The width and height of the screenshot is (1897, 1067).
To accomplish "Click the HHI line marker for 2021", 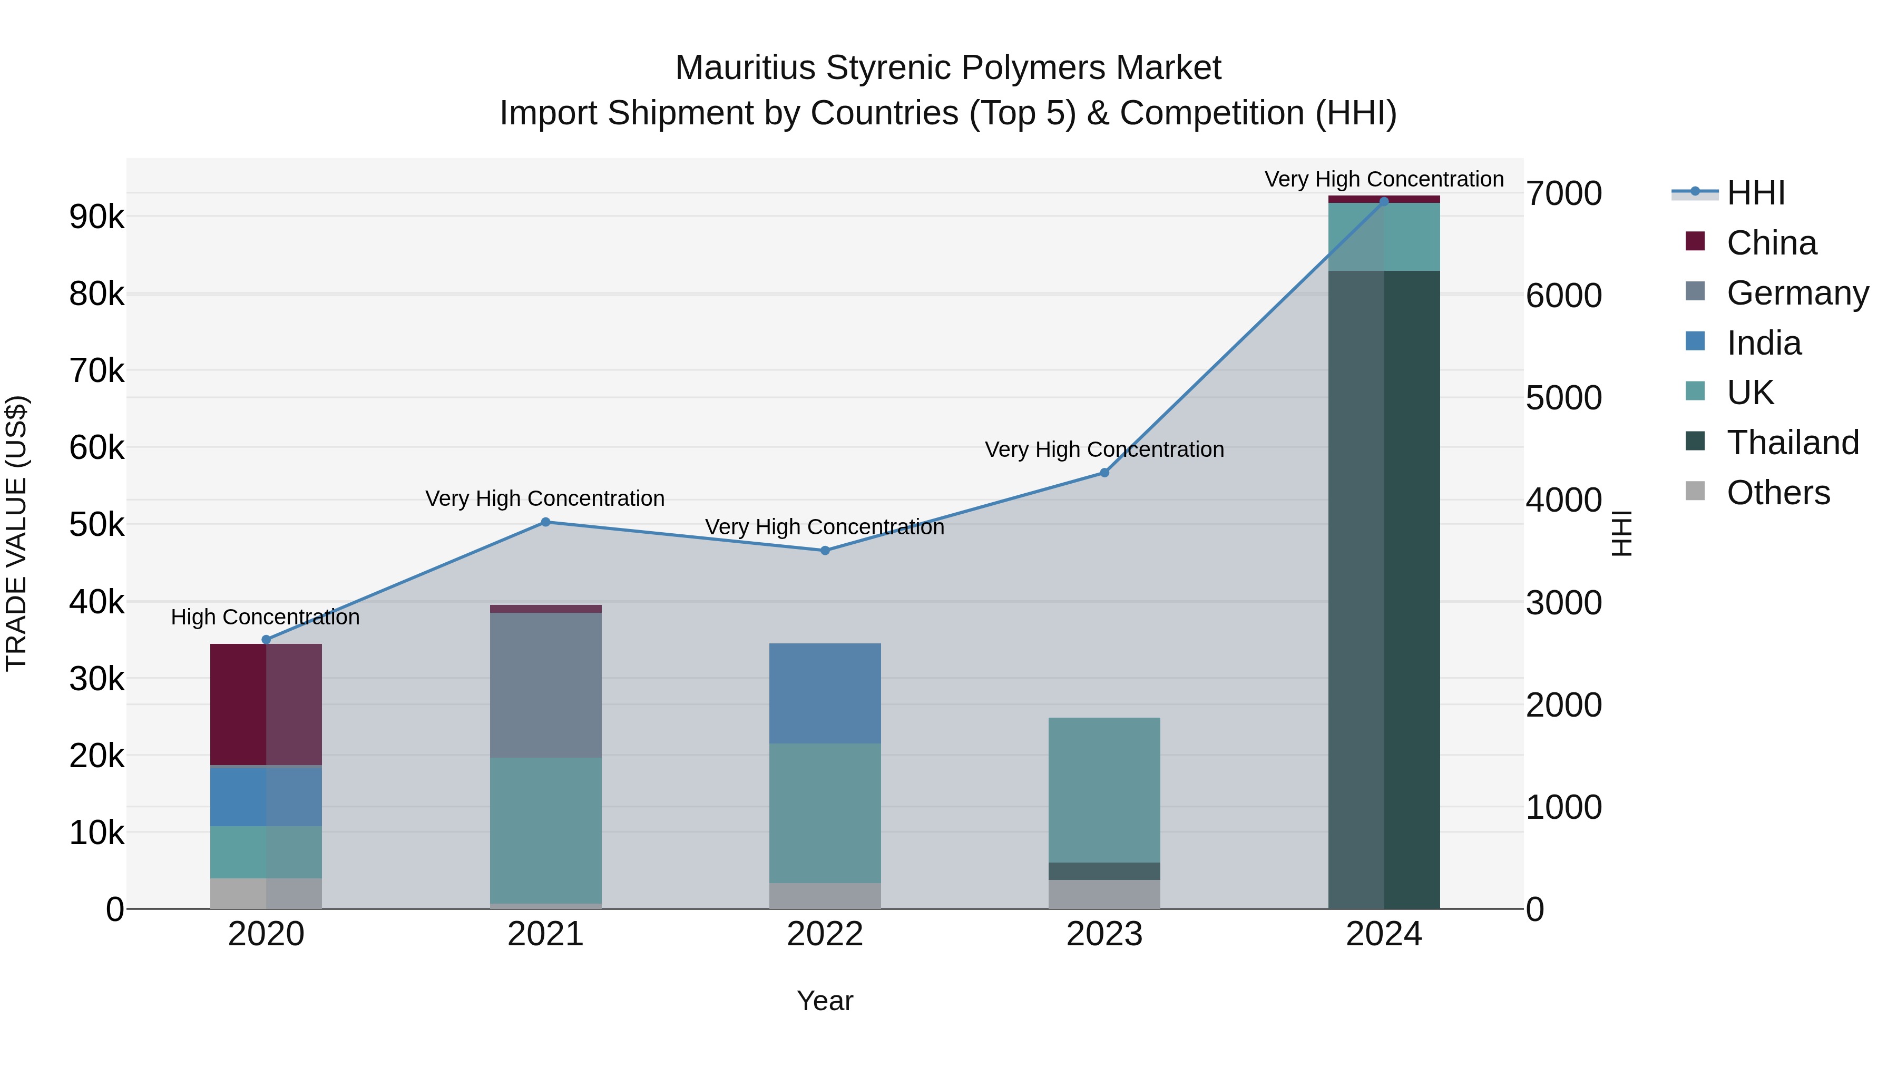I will [x=546, y=522].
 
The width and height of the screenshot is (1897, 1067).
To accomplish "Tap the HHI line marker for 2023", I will [x=1104, y=473].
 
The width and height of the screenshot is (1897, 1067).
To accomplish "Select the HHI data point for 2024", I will [x=1384, y=202].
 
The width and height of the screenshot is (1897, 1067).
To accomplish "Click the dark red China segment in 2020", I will [x=266, y=704].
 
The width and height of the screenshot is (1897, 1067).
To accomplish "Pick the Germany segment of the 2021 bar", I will [x=546, y=685].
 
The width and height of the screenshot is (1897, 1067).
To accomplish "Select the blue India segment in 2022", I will [x=825, y=693].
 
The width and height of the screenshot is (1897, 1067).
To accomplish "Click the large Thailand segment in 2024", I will [x=1384, y=589].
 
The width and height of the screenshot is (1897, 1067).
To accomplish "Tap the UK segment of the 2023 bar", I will [x=1104, y=789].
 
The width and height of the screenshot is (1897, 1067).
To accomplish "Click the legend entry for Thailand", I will [x=1793, y=443].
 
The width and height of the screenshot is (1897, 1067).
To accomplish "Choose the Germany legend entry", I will [x=1797, y=293].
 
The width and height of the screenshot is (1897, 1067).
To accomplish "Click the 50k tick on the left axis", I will [x=97, y=525].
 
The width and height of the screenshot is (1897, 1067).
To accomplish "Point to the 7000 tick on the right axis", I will [x=1563, y=194].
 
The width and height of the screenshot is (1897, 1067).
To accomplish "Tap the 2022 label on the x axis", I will [x=825, y=934].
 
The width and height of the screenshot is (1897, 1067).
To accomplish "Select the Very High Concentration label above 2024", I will [x=1384, y=179].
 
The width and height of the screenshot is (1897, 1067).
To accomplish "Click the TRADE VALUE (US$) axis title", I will [x=17, y=533].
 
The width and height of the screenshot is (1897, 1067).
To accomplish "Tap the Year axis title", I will [x=825, y=1001].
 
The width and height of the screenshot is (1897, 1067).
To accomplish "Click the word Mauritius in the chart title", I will [x=745, y=68].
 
